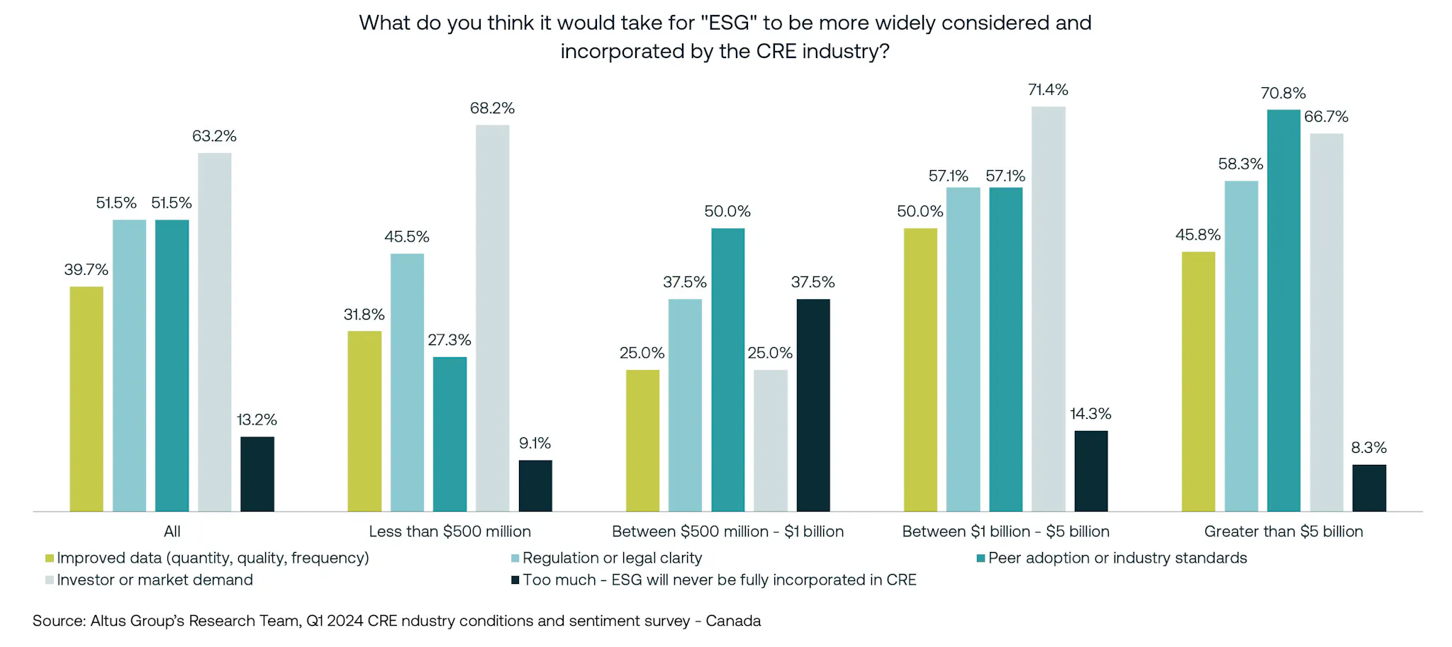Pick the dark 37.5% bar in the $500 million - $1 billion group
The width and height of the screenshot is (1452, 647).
(812, 405)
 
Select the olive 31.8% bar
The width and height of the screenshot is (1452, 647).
(364, 421)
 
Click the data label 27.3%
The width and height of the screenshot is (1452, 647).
(449, 340)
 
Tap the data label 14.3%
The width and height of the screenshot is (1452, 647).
(1090, 414)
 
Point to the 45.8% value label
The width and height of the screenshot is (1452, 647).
(1197, 235)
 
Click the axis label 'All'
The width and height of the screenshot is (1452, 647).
(172, 531)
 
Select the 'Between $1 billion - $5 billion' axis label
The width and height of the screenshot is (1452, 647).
(1005, 531)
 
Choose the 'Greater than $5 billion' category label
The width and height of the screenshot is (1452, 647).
(1283, 531)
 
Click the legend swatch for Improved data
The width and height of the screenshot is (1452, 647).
(50, 558)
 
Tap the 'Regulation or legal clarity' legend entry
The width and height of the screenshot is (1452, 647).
(612, 558)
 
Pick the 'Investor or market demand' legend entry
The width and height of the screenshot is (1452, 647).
(155, 580)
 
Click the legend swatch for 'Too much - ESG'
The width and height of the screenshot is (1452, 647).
(515, 580)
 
